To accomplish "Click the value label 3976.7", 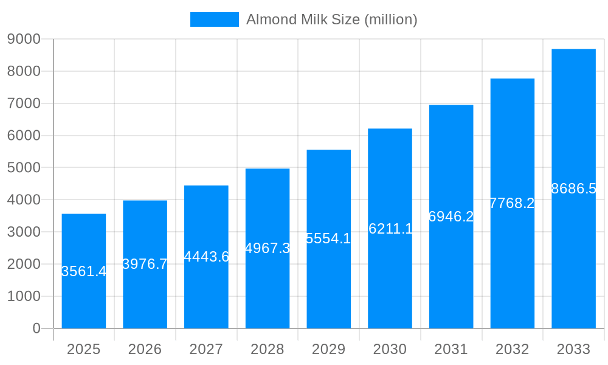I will pos(145,264).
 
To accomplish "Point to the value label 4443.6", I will pos(206,257).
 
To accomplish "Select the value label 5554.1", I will pos(328,238).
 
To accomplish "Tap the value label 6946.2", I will pos(451,217).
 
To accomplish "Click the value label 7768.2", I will pos(512,203).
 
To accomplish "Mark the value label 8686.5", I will pos(573,189).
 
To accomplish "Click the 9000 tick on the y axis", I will pos(24,39).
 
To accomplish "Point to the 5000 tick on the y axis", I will pos(24,167).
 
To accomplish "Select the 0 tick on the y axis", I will pos(36,328).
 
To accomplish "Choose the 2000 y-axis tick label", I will pos(24,264).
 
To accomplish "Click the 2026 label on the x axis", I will pos(145,349).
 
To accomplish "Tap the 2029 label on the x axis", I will pos(328,349).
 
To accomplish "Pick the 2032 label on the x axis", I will pos(512,349).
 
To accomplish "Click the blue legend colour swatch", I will pos(215,19).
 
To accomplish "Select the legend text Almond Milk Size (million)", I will pos(331,19).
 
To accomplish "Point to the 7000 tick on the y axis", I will pos(24,103).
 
